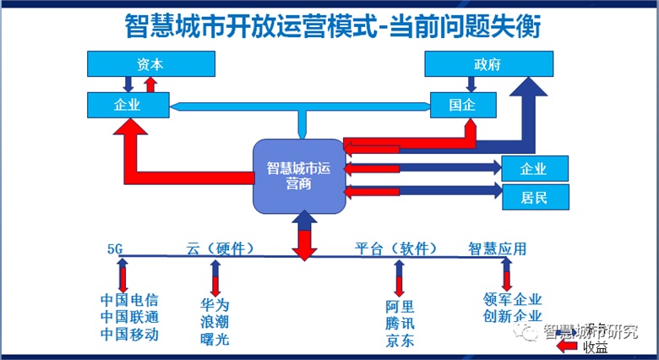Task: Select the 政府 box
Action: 488,63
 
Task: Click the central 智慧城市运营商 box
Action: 298,176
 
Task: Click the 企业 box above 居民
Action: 535,167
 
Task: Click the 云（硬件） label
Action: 220,248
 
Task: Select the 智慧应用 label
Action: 498,248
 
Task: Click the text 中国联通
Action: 128,317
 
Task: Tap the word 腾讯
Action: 400,324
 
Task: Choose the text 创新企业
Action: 512,316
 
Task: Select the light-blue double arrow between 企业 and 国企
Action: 300,106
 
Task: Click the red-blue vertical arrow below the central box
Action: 302,235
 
